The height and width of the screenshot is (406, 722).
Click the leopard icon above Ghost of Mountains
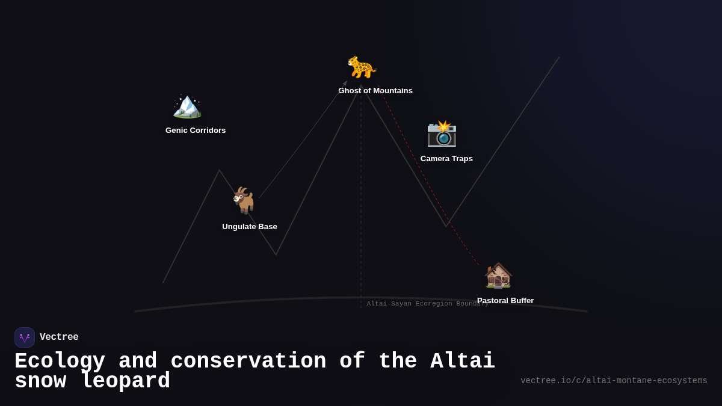361,67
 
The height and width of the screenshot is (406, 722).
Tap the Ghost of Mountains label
375,91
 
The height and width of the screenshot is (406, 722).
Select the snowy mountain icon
187,106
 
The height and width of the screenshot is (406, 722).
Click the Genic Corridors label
196,131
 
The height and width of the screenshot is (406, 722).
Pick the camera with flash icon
442,134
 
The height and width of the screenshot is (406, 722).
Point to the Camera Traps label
446,159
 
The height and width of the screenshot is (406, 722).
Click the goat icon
244,200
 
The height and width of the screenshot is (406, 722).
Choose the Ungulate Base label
250,227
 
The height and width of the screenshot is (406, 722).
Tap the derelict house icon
498,275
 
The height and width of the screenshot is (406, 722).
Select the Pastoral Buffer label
505,301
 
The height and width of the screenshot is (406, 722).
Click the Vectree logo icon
25,337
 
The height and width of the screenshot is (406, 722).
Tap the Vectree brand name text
59,337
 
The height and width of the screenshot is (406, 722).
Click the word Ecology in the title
60,361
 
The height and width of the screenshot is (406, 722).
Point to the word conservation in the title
248,361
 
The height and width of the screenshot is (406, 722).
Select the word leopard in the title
125,381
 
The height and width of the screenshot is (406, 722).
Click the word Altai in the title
463,361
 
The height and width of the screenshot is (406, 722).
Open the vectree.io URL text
614,381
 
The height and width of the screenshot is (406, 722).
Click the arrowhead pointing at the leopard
345,83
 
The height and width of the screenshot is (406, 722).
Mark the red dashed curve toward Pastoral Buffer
430,192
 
